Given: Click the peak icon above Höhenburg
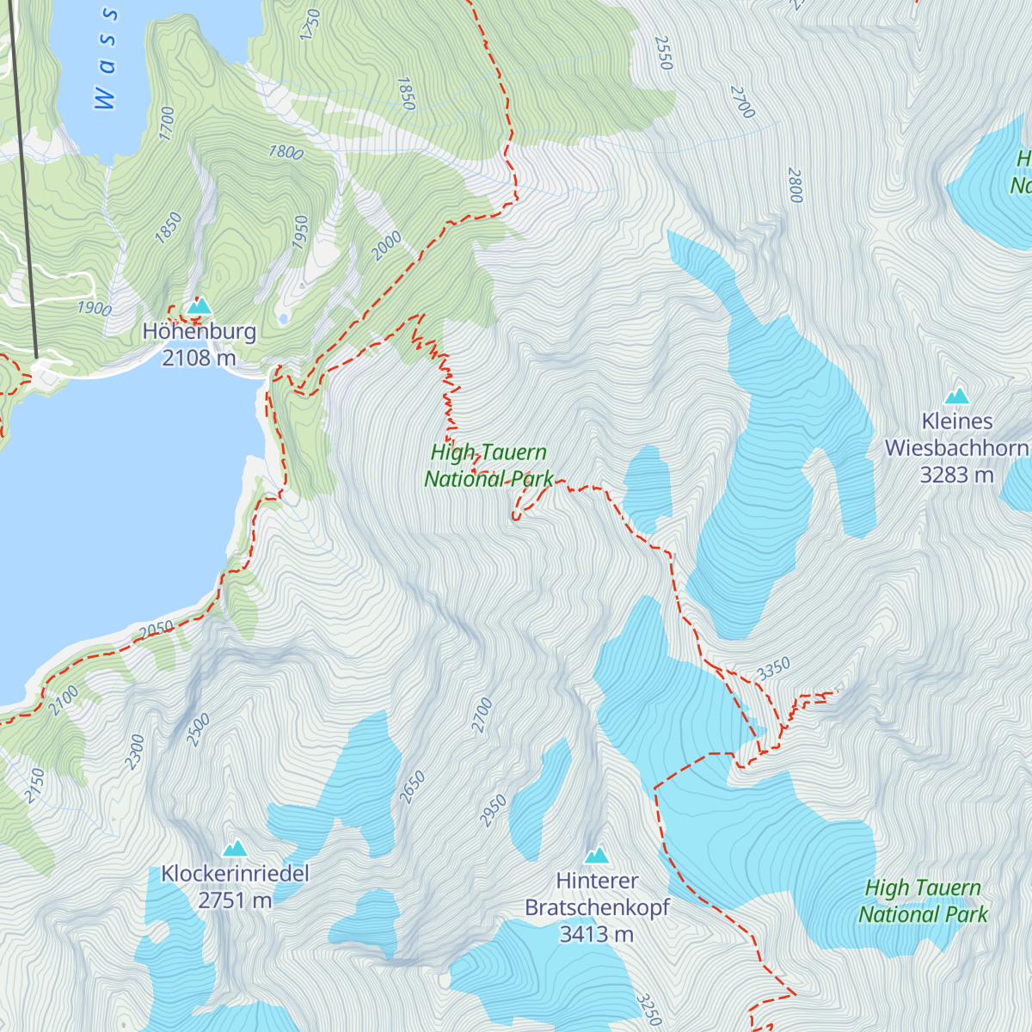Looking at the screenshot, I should (199, 305).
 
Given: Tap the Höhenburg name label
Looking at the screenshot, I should (200, 332).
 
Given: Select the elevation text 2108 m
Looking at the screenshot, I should (199, 358).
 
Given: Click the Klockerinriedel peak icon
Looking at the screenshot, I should (235, 849).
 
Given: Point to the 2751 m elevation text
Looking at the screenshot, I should (235, 900).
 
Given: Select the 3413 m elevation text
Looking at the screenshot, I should (597, 934).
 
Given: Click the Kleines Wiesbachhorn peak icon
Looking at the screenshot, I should (957, 396).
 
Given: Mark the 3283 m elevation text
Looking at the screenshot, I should (956, 475).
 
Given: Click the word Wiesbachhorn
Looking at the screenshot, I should (956, 448).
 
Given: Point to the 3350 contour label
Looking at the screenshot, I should (773, 669).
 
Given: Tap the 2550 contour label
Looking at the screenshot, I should (663, 52).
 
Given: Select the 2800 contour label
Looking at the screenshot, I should (795, 186).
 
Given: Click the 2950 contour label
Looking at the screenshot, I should (493, 811).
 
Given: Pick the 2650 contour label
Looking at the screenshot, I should (413, 788).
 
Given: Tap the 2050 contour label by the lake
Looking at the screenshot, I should (157, 630).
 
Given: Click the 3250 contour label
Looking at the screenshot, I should (648, 1009).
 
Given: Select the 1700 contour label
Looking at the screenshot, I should (167, 124).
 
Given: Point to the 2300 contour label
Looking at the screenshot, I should (135, 752).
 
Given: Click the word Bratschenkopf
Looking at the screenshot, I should (597, 908).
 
